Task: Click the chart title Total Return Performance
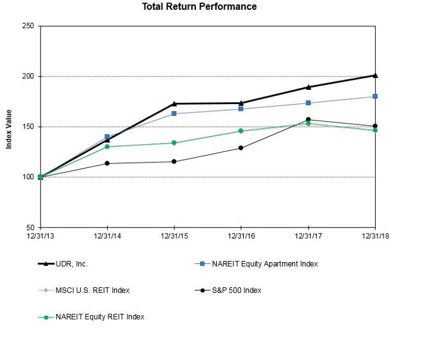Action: (x=199, y=7)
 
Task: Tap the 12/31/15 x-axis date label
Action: (x=174, y=235)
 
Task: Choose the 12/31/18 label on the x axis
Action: (x=375, y=235)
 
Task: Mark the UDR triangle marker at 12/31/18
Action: (x=375, y=75)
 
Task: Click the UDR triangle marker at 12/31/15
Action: (x=174, y=103)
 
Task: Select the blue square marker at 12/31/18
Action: (x=375, y=97)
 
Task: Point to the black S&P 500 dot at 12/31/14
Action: (x=107, y=163)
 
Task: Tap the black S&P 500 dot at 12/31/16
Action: (x=241, y=148)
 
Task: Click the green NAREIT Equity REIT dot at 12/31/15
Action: (x=174, y=143)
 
